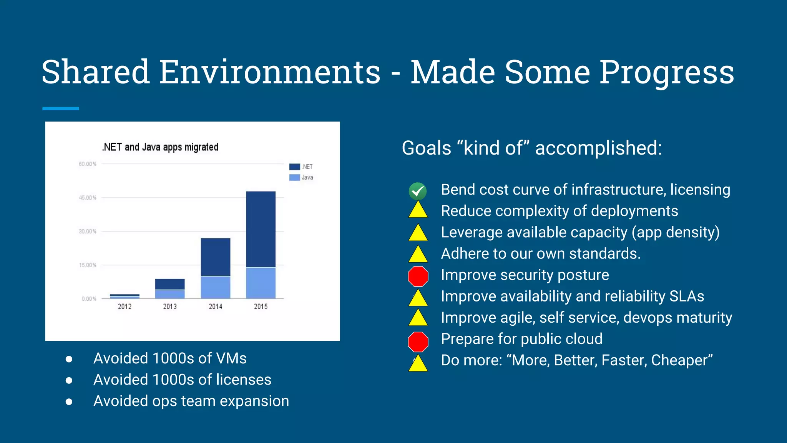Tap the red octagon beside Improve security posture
click(x=418, y=276)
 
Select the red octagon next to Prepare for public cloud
click(x=418, y=341)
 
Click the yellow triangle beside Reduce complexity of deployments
click(x=418, y=211)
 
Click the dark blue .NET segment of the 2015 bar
click(x=261, y=229)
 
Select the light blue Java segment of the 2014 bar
click(x=215, y=287)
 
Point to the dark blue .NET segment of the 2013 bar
click(x=170, y=284)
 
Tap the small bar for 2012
click(x=125, y=296)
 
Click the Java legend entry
click(x=302, y=177)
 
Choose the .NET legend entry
click(x=302, y=167)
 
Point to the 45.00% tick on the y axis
click(x=88, y=198)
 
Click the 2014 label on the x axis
click(x=215, y=306)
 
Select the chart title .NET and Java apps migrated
click(x=160, y=147)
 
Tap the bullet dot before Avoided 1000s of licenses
click(x=69, y=380)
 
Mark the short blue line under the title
click(x=60, y=108)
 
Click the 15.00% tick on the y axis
click(x=88, y=265)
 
